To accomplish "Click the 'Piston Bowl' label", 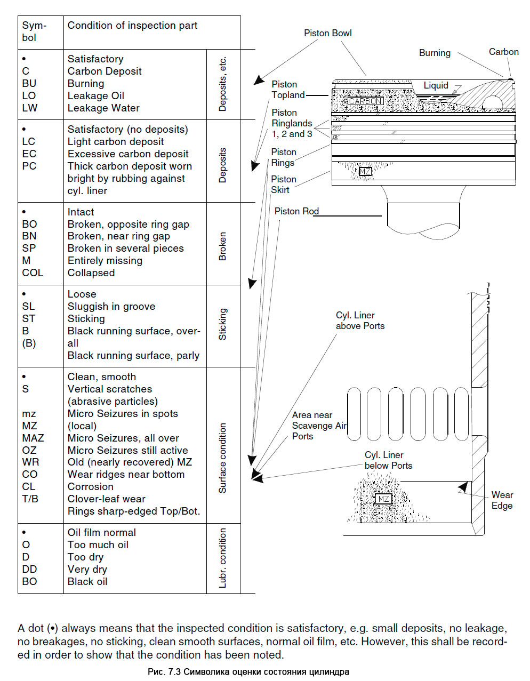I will point(327,33).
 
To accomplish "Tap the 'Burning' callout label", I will point(435,53).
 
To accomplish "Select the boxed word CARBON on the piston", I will point(365,101).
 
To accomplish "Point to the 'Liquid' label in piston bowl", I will point(436,85).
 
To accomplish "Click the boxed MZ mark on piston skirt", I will point(365,171).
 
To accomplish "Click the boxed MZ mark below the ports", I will point(383,499).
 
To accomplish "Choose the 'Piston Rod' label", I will point(296,211).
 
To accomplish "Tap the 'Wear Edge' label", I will point(502,500).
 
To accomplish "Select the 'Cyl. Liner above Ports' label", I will point(360,321).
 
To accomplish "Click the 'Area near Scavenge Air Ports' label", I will point(318,426).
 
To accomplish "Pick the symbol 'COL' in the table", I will point(33,273).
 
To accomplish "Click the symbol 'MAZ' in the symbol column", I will point(33,438).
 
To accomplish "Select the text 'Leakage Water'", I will point(103,108).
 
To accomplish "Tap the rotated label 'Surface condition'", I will point(223,458).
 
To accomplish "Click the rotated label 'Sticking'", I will point(223,324).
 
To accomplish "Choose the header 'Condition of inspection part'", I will point(132,26).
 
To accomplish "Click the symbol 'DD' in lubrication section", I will point(29,569).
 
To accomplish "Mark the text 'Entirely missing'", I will point(105,260).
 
